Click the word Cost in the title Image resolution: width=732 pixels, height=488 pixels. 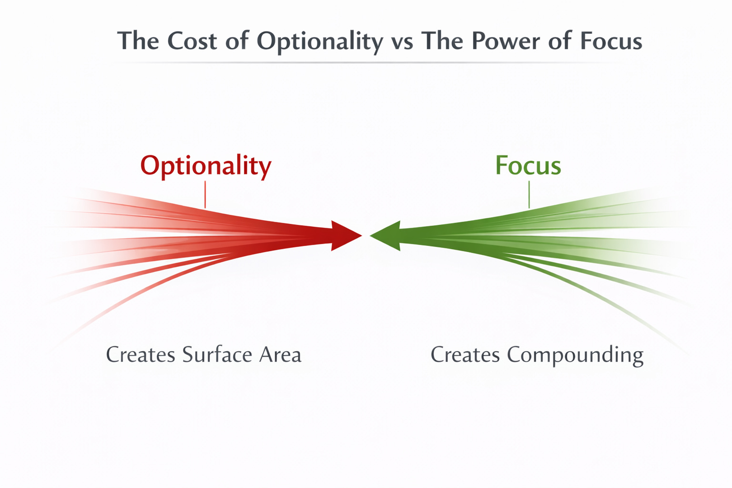tap(193, 41)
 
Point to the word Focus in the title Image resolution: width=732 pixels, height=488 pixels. tap(610, 41)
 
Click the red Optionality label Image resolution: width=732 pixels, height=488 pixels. tap(205, 166)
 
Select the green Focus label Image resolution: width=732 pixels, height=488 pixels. tap(528, 165)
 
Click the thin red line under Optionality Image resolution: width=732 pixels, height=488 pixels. tap(205, 195)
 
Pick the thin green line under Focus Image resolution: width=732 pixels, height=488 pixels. tap(529, 195)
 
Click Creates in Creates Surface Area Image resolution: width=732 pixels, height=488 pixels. tap(141, 355)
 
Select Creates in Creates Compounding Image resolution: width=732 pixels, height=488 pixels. tap(465, 355)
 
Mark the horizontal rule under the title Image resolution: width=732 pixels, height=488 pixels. tap(367, 63)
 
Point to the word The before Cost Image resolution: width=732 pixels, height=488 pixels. tap(138, 41)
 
